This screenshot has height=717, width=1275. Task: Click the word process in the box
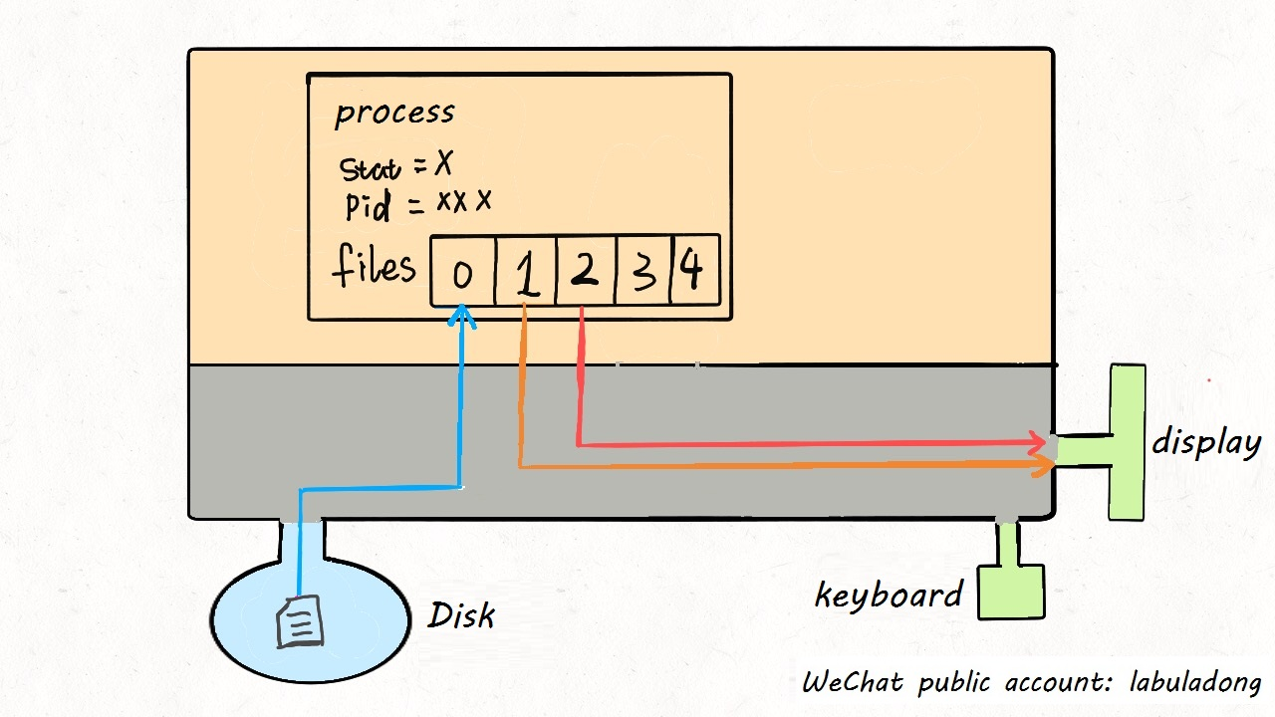click(394, 114)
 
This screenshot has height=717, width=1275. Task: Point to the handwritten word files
click(374, 267)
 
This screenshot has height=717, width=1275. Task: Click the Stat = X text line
click(395, 167)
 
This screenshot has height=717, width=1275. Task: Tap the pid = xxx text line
click(417, 204)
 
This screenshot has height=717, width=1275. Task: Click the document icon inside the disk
click(300, 621)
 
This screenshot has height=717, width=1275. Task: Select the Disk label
click(461, 615)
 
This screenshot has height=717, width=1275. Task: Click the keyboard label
click(888, 596)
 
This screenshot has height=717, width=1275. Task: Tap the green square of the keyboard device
click(1011, 592)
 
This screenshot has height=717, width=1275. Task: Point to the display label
click(1206, 441)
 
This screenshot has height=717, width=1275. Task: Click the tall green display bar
click(1128, 441)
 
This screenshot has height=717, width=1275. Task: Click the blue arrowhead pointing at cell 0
click(461, 316)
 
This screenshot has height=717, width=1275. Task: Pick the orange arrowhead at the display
click(1045, 465)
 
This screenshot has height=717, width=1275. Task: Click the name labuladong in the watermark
click(1195, 683)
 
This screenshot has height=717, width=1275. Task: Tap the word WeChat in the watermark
click(853, 683)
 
